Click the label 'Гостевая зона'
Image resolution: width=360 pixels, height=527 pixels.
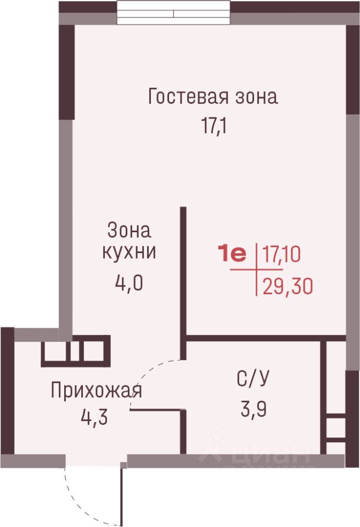tap(213, 97)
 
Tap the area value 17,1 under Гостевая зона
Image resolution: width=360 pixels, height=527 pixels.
tap(214, 126)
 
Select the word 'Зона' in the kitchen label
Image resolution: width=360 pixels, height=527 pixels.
tap(129, 231)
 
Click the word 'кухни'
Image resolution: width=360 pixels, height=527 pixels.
tap(129, 251)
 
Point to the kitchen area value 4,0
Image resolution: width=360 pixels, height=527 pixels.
tap(129, 283)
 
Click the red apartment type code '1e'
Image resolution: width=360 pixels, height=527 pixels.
tap(232, 254)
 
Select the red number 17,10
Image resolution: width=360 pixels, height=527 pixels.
tap(282, 254)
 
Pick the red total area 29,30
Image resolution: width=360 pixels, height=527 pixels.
tap(288, 287)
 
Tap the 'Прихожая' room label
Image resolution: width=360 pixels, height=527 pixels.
tap(97, 391)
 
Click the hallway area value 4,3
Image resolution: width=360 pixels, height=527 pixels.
tap(94, 417)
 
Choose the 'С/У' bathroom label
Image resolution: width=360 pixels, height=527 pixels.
tap(253, 379)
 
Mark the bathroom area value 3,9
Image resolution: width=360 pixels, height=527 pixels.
tap(254, 409)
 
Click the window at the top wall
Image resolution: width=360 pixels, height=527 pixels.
tap(173, 13)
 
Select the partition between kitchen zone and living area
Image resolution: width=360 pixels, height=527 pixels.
tap(183, 283)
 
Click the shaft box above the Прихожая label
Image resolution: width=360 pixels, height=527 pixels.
tap(76, 351)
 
